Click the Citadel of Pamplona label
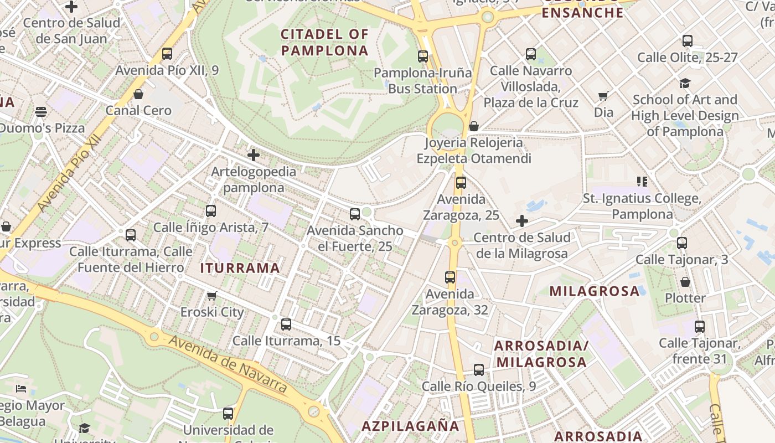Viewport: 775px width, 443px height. [324, 43]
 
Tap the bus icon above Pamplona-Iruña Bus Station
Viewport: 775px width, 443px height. [423, 56]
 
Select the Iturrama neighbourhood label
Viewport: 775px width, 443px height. [240, 268]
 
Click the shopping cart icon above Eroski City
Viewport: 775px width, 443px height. [211, 296]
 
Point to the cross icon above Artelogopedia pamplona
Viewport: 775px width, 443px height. [254, 155]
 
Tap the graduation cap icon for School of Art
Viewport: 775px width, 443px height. [685, 83]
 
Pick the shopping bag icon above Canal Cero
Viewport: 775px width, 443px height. [138, 94]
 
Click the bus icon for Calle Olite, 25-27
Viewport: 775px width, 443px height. [687, 41]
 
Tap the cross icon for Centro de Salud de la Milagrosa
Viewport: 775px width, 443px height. [521, 221]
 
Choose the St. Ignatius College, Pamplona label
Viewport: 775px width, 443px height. [642, 206]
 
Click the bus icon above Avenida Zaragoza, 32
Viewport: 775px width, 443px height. [450, 277]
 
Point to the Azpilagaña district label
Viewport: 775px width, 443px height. [410, 426]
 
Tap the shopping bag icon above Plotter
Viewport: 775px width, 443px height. [685, 282]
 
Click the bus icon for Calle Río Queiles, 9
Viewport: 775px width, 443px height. [479, 370]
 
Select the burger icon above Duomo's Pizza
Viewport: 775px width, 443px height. [41, 112]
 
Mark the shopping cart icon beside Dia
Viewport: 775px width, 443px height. [603, 96]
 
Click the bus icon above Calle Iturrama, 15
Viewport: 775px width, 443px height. [286, 324]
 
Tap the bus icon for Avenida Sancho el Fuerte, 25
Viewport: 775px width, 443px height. [355, 214]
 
